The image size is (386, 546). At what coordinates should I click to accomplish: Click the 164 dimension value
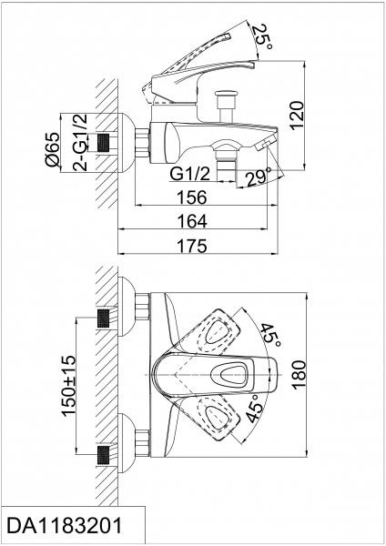click(193, 221)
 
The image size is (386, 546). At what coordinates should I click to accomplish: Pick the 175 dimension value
click(193, 246)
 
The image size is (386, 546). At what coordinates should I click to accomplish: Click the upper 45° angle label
click(270, 335)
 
